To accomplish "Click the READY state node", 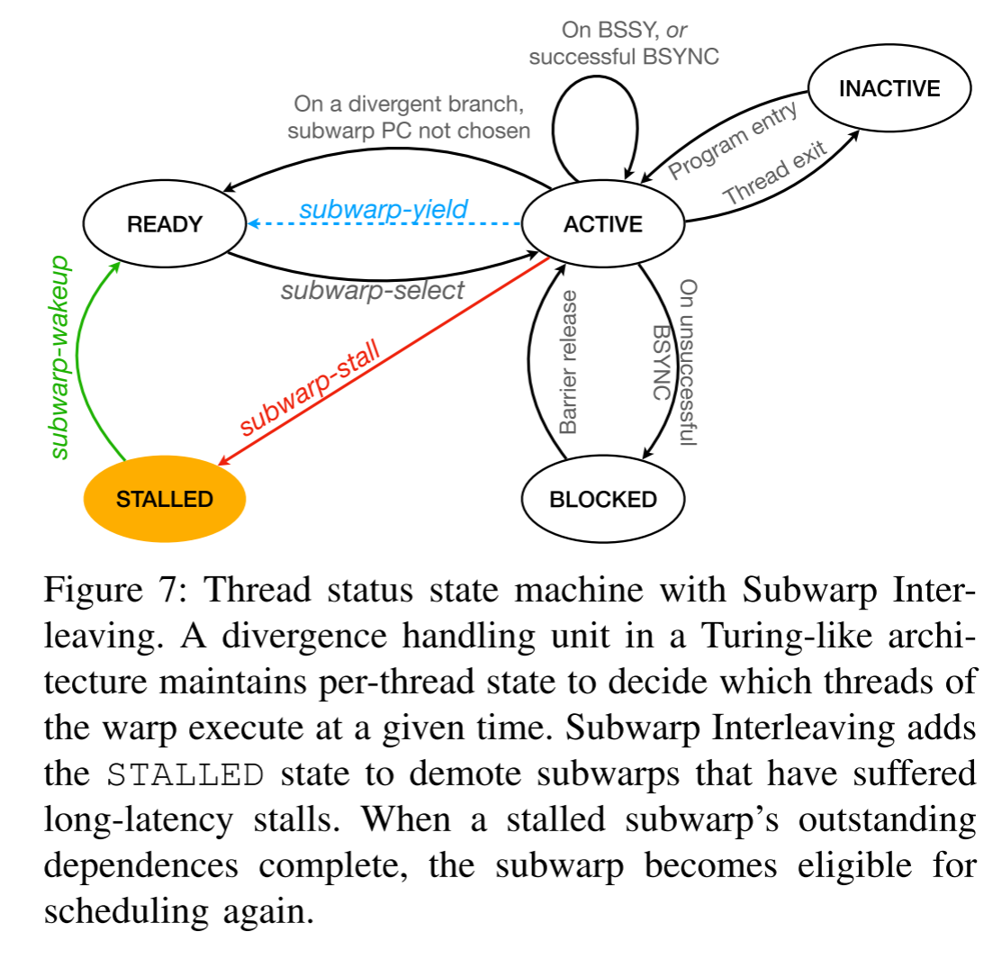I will (x=165, y=224).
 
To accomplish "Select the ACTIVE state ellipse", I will (x=602, y=224).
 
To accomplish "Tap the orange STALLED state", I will (x=165, y=499).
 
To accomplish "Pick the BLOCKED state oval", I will (x=602, y=499).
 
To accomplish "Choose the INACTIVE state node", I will (x=889, y=88).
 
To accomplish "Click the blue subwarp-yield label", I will (x=384, y=210).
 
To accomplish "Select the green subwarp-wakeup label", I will (x=59, y=357).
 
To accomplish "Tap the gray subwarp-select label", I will (x=372, y=290).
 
